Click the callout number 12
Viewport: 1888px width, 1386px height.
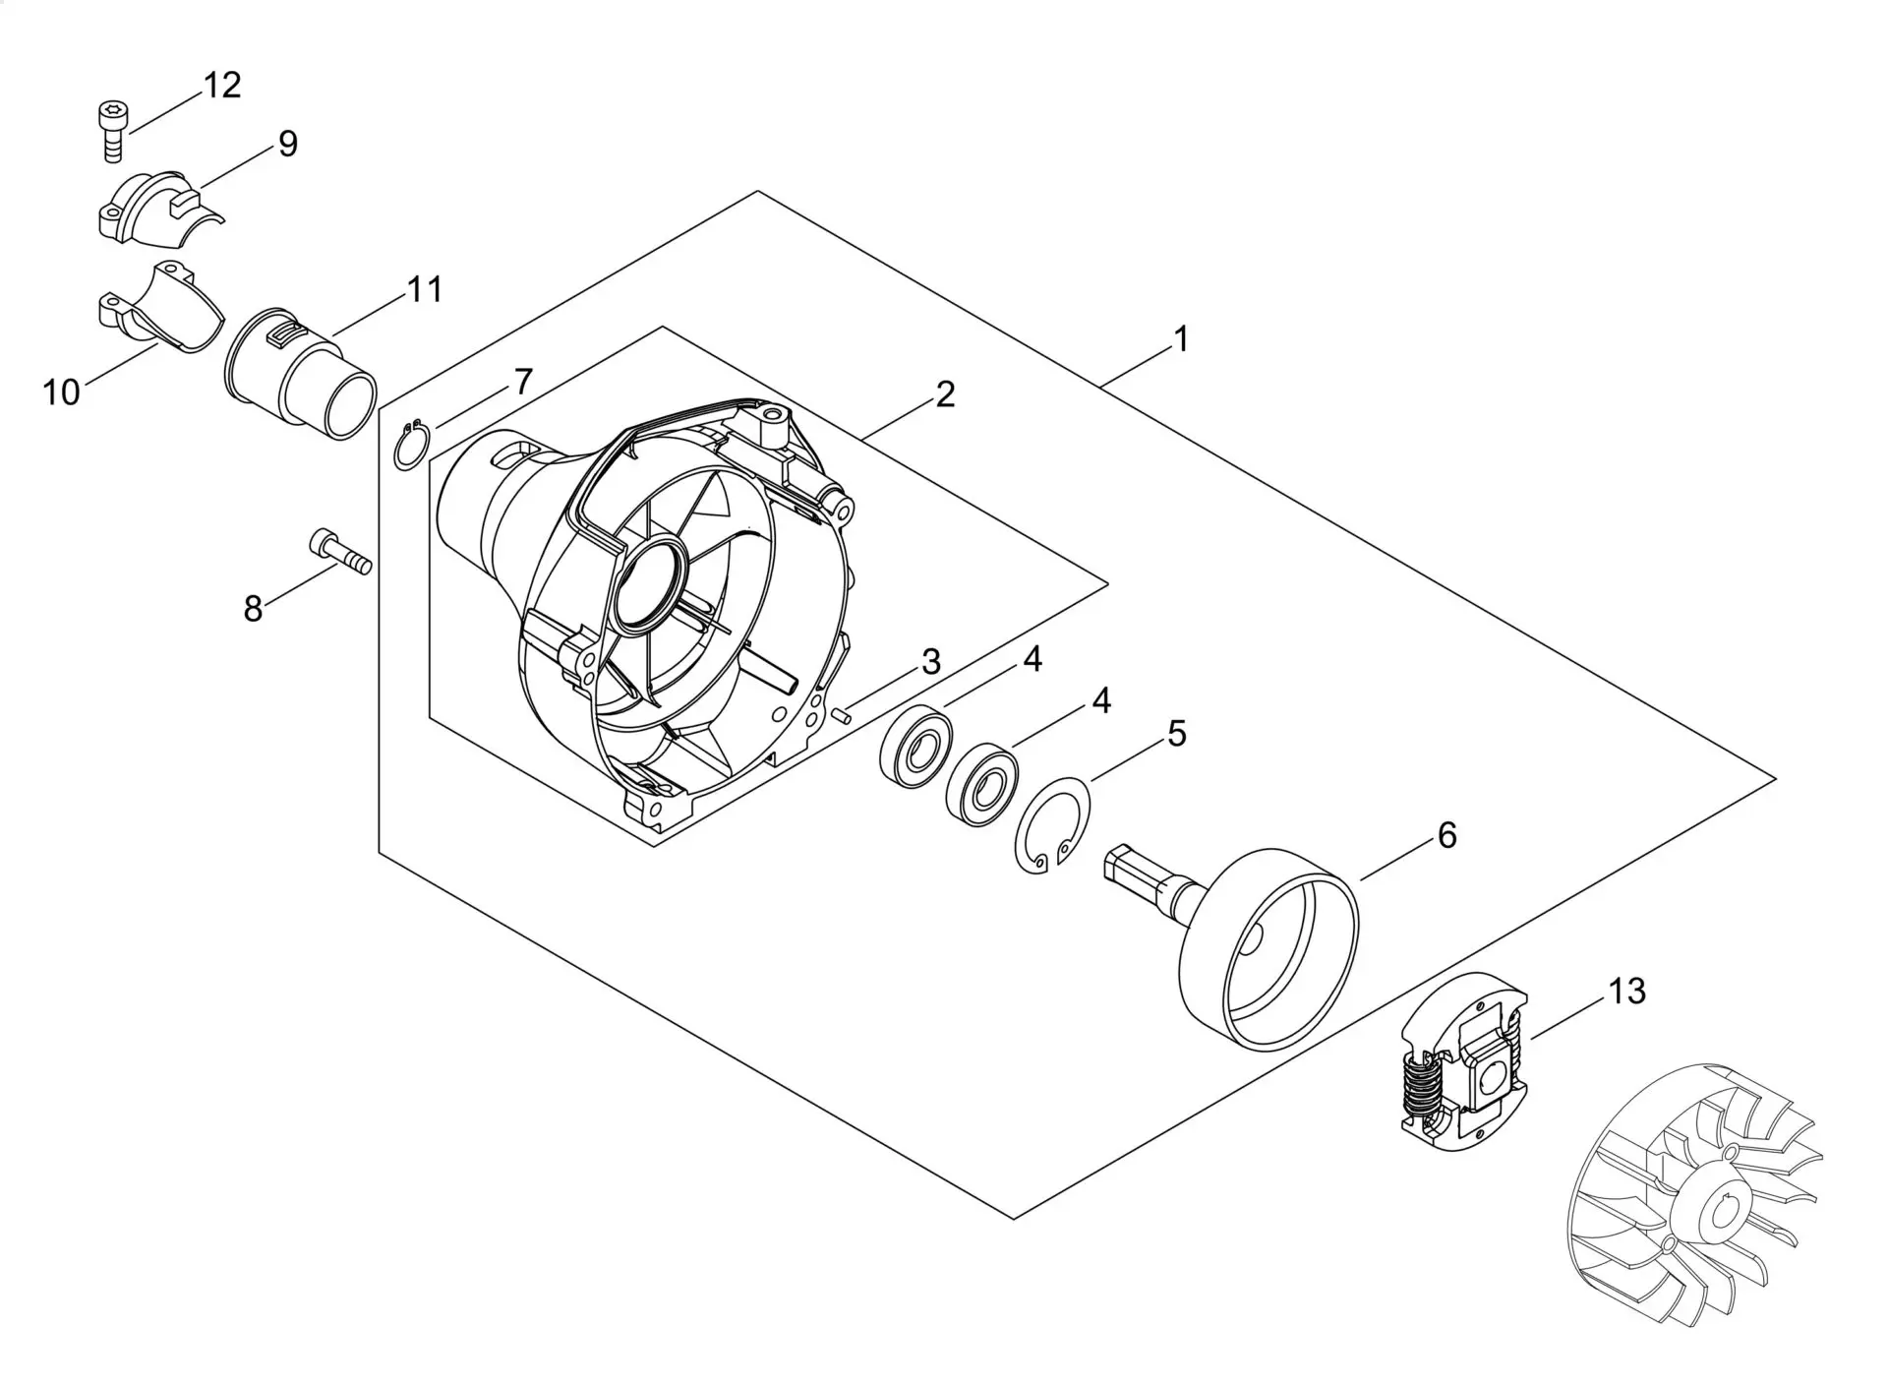[222, 86]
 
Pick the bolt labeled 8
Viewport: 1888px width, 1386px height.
[339, 552]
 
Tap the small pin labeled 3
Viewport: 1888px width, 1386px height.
[841, 716]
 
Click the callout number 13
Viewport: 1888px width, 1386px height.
[1626, 992]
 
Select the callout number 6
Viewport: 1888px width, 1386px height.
[1446, 835]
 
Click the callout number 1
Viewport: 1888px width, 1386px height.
[1181, 339]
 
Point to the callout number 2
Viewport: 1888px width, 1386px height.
[945, 394]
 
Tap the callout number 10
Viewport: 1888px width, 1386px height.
[61, 392]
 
